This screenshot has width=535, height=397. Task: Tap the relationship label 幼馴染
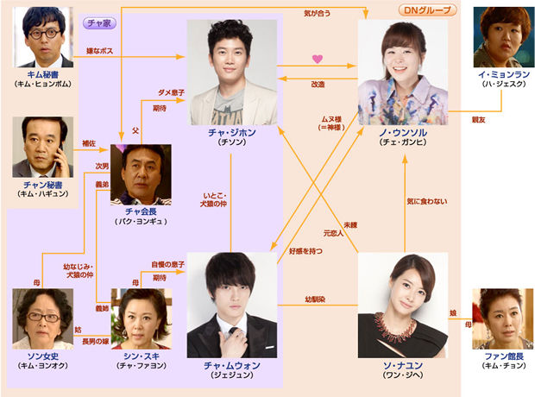[320, 300]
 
